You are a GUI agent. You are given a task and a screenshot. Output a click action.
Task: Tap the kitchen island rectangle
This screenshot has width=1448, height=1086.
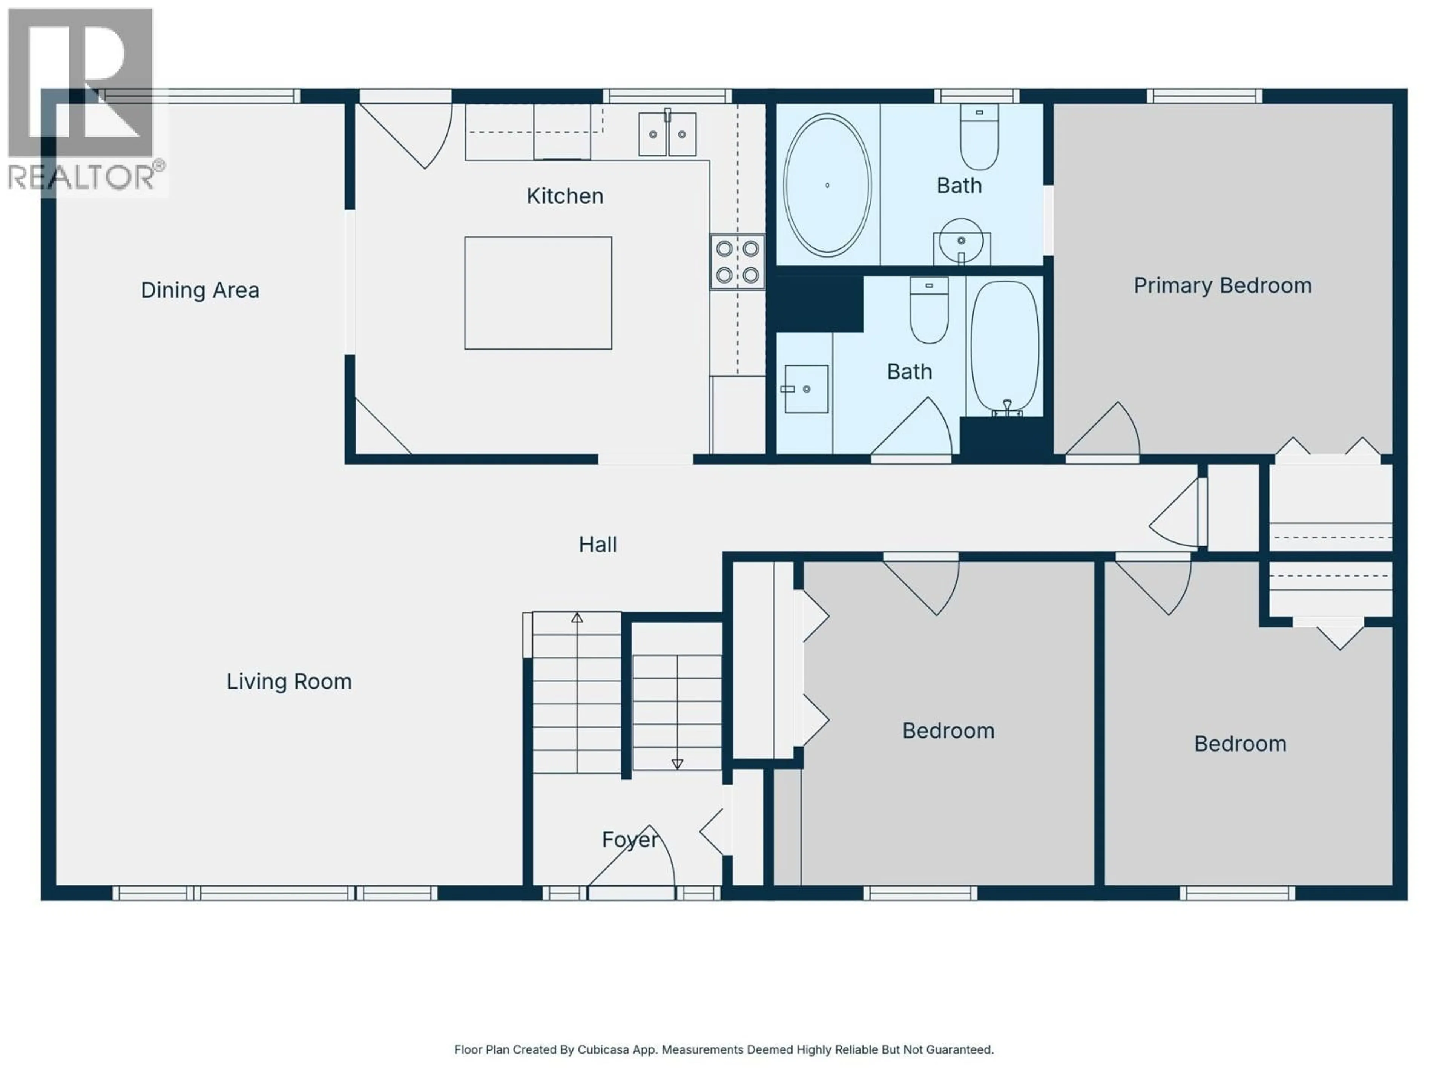[538, 293]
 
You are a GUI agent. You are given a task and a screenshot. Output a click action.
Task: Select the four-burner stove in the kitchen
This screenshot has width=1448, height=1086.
[737, 262]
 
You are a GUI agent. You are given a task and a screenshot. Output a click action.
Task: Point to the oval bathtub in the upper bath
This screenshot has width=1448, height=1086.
[827, 185]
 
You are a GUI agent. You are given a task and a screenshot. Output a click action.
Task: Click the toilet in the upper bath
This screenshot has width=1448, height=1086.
[979, 138]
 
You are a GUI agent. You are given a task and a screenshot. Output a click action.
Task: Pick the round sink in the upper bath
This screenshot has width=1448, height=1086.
[960, 241]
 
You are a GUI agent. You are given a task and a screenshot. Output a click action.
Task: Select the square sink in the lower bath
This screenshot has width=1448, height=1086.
[806, 389]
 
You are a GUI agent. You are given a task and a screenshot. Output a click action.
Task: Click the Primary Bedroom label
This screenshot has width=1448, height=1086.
[1222, 285]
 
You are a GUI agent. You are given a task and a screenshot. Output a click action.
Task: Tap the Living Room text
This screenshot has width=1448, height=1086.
[289, 681]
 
